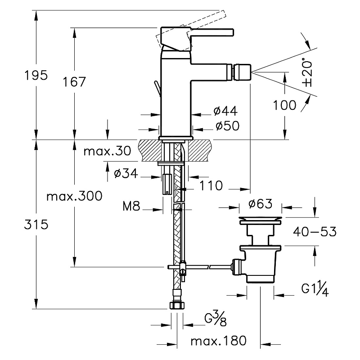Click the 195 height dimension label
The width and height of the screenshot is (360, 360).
click(36, 75)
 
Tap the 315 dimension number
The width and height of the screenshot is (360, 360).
click(36, 225)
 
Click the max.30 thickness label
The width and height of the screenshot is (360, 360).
click(107, 152)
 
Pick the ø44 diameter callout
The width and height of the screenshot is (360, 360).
click(225, 111)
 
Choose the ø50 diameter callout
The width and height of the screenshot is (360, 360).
click(225, 126)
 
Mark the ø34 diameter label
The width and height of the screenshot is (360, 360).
click(126, 173)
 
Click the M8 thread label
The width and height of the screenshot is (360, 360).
click(131, 207)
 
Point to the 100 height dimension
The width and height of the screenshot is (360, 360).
click(285, 105)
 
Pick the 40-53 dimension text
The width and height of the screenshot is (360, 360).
click(315, 232)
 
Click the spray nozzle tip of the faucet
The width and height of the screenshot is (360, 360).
click(244, 71)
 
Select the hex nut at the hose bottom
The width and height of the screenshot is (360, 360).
click(177, 306)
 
